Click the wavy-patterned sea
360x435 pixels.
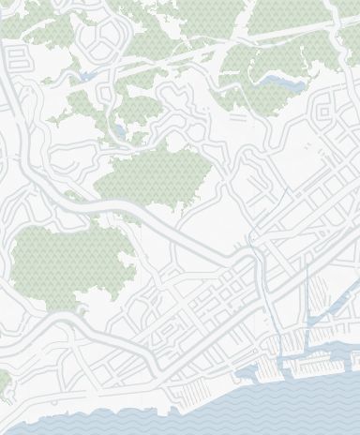click(x=187, y=417)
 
